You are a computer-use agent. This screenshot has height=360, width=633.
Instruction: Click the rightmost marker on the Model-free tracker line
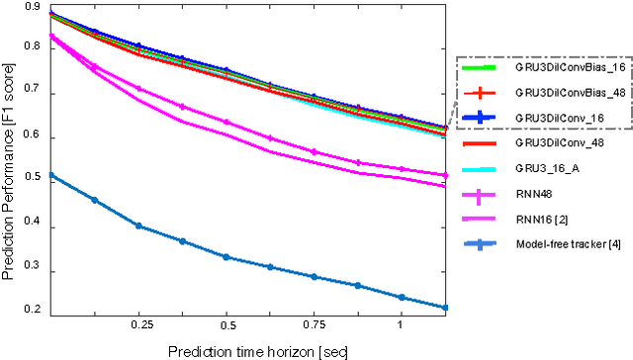[x=445, y=308]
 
